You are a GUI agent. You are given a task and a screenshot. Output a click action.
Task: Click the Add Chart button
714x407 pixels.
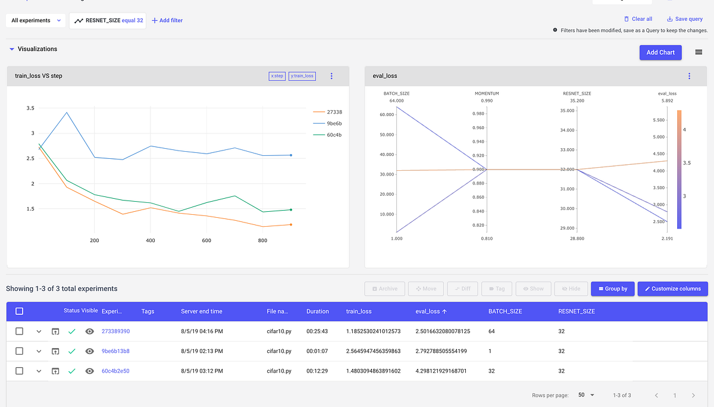point(660,52)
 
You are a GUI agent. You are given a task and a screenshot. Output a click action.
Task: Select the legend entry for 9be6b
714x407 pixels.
point(333,123)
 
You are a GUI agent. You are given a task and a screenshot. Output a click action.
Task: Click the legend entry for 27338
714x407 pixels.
point(333,112)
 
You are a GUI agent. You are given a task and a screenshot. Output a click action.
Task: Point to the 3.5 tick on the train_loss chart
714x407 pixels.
point(30,108)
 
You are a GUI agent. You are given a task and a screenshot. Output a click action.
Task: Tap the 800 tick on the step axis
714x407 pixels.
point(262,240)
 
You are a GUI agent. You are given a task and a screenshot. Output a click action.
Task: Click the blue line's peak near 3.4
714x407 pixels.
point(67,112)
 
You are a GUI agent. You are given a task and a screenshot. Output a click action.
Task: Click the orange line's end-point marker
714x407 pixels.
point(290,224)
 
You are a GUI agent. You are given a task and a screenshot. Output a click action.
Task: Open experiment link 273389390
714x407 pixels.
point(115,331)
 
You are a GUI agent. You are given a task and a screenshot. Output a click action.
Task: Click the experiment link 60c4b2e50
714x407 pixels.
point(115,371)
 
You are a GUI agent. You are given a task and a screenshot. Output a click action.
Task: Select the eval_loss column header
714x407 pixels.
point(427,311)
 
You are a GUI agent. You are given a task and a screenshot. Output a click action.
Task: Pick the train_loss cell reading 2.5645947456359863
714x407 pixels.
point(373,351)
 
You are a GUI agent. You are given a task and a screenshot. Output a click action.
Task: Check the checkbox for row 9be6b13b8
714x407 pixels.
point(19,351)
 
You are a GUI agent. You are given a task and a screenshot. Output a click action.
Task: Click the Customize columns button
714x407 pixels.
point(672,289)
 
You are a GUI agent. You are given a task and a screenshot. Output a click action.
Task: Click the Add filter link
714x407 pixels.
point(167,20)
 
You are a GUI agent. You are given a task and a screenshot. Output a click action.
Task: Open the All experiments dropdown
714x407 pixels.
point(36,20)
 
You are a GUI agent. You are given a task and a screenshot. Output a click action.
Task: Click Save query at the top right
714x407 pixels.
point(684,19)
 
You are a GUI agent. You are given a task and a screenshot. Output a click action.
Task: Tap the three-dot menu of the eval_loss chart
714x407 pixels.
point(689,76)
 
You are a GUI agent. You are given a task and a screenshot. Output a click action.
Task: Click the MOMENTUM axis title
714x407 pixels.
point(487,93)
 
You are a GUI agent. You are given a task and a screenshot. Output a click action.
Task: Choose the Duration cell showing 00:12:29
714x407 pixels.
point(317,371)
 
